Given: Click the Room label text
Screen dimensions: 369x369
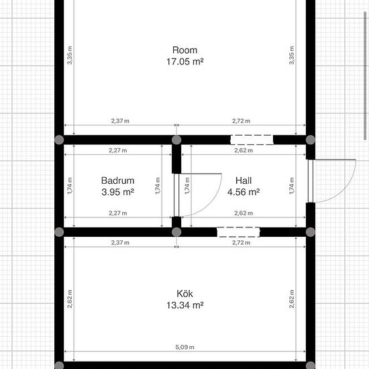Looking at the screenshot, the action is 184,50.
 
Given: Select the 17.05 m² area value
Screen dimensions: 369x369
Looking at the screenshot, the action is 184,62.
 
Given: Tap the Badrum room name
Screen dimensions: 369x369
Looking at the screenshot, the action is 117,180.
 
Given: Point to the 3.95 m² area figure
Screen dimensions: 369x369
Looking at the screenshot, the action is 117,192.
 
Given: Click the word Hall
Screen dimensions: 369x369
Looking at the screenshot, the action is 244,180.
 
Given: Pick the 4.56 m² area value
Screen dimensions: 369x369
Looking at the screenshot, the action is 244,192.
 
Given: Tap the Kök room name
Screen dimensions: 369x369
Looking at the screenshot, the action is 184,294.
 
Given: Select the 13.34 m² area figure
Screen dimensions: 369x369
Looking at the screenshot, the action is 184,305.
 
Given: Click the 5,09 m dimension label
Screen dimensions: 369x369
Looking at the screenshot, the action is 184,347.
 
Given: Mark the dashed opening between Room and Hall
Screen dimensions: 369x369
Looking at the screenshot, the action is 252,140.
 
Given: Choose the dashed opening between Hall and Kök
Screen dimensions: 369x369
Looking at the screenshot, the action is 238,232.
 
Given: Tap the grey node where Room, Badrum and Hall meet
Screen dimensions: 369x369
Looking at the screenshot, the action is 176,140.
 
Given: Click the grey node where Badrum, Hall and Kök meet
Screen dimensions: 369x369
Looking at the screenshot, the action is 176,232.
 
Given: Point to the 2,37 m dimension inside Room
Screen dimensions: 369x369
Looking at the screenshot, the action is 120,121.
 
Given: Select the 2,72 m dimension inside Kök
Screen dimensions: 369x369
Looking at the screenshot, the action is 242,243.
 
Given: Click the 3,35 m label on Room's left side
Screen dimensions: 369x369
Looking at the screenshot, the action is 70,55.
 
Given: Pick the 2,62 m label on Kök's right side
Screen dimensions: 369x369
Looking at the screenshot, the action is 292,299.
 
